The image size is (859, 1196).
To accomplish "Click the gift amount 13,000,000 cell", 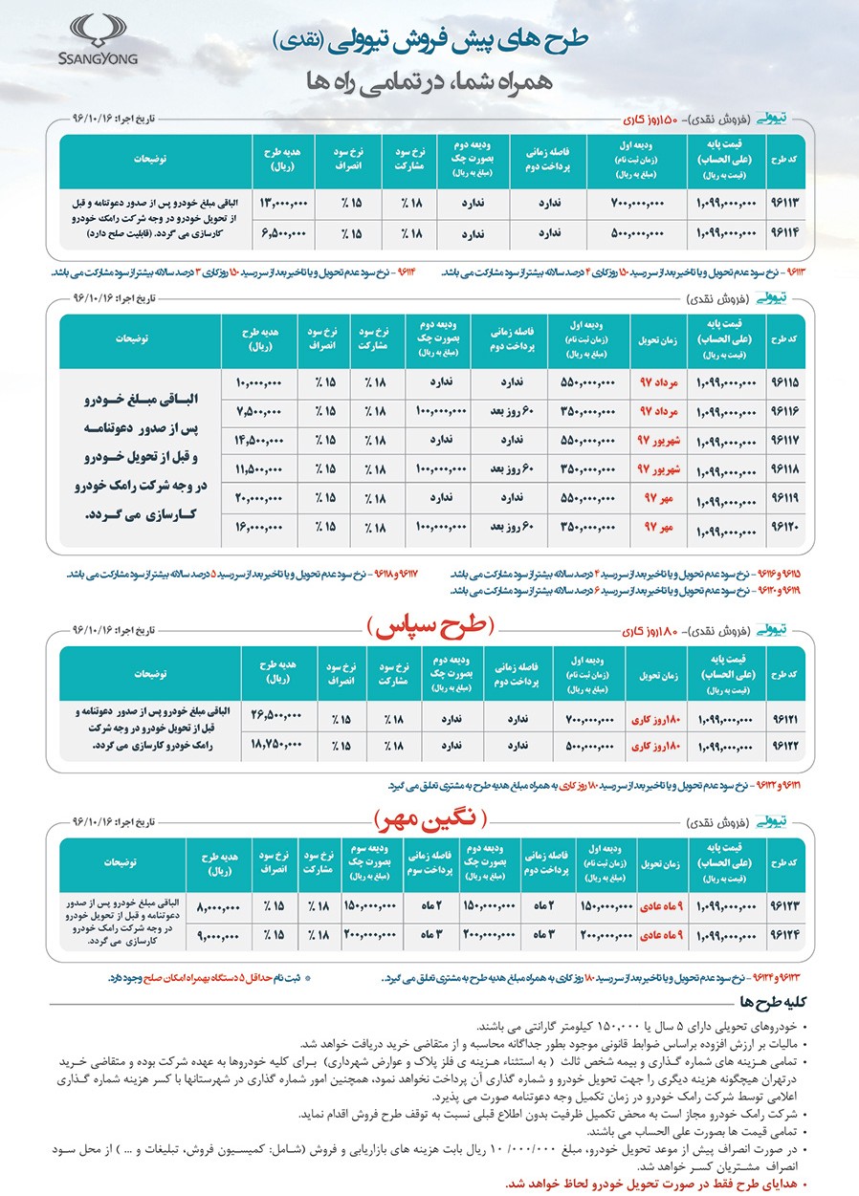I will [x=283, y=204].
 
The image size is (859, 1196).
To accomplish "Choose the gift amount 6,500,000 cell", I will [x=285, y=232].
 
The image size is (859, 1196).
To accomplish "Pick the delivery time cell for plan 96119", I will [x=659, y=498].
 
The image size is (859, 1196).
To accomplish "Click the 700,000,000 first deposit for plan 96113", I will [x=642, y=204].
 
